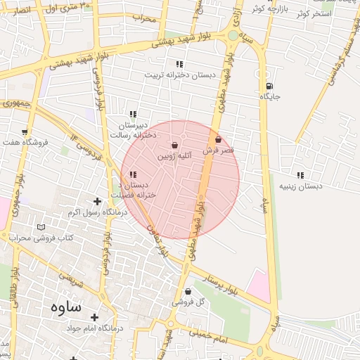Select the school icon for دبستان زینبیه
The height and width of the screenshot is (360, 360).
pyautogui.click(x=301, y=175)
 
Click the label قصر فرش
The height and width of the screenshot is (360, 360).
pyautogui.click(x=218, y=150)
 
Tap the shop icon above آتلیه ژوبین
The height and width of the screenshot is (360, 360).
pyautogui.click(x=174, y=144)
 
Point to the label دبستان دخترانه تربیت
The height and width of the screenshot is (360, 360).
pyautogui.click(x=173, y=75)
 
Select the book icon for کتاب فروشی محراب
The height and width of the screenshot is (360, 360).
pyautogui.click(x=41, y=228)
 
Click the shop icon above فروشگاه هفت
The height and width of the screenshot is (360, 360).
pyautogui.click(x=25, y=132)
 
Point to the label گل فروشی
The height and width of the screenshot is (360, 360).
pyautogui.click(x=188, y=302)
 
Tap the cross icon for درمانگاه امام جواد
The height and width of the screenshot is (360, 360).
pyautogui.click(x=94, y=317)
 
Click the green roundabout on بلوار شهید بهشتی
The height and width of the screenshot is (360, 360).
pyautogui.click(x=233, y=35)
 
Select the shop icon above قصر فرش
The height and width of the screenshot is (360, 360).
pyautogui.click(x=218, y=140)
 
